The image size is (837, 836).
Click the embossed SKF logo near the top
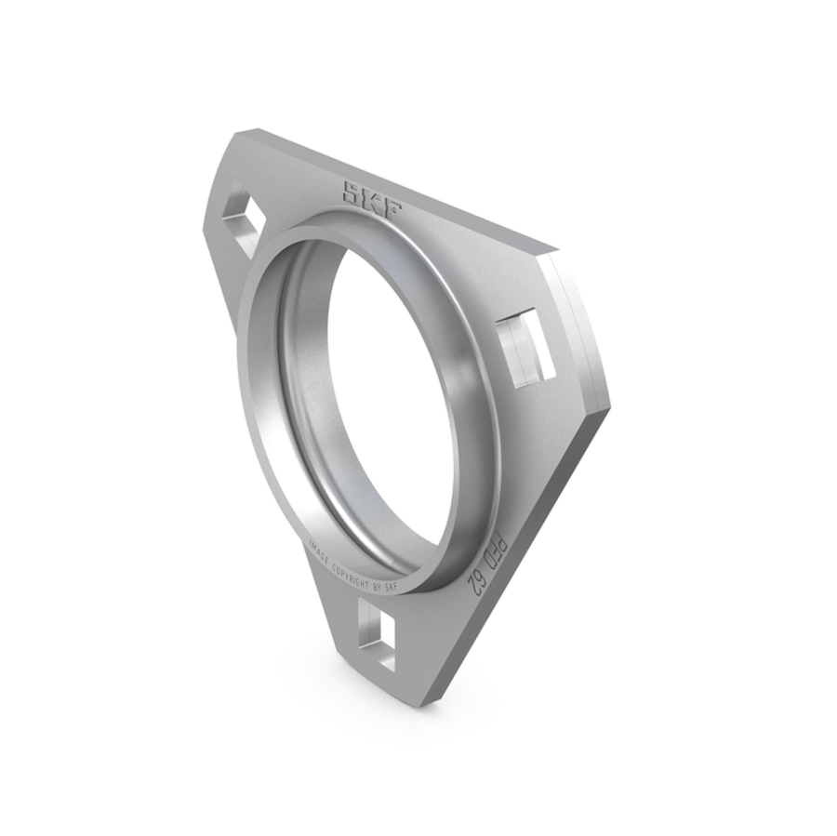pos(373,200)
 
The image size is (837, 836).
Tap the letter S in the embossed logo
pos(355,192)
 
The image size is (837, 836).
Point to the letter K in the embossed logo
pos(374,201)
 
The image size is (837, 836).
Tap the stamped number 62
pos(475,583)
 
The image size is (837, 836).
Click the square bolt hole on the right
pos(525,349)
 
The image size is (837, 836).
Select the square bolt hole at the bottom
pos(376,634)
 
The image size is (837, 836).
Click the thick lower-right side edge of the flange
pos(521,558)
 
